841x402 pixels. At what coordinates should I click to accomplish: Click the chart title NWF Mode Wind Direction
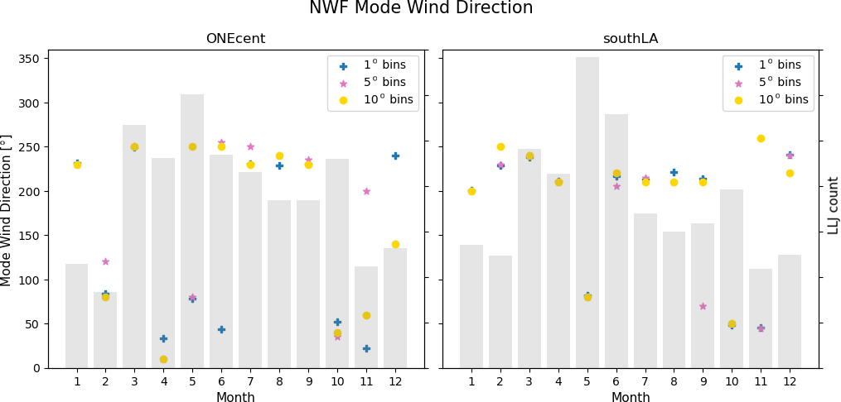coord(420,9)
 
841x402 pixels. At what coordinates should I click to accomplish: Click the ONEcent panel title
coord(235,39)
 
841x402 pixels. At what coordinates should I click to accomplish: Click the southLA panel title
coord(630,39)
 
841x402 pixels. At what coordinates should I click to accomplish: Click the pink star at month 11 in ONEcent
coord(366,191)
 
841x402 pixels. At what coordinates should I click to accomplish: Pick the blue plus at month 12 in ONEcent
coord(395,156)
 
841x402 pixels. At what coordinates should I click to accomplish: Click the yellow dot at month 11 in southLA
coord(761,138)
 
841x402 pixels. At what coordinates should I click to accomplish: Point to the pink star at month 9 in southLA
coord(703,306)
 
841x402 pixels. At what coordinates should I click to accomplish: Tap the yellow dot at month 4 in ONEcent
coord(163,359)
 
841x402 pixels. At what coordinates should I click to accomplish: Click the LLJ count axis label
coord(834,205)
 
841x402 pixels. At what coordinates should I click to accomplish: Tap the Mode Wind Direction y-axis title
coord(7,209)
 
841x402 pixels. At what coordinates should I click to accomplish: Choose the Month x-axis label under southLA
coord(630,398)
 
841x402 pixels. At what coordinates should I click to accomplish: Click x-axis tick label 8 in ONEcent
coord(279,381)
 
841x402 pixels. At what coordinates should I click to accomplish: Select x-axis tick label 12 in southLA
coord(790,381)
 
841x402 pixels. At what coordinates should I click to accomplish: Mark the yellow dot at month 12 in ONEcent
coord(395,244)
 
